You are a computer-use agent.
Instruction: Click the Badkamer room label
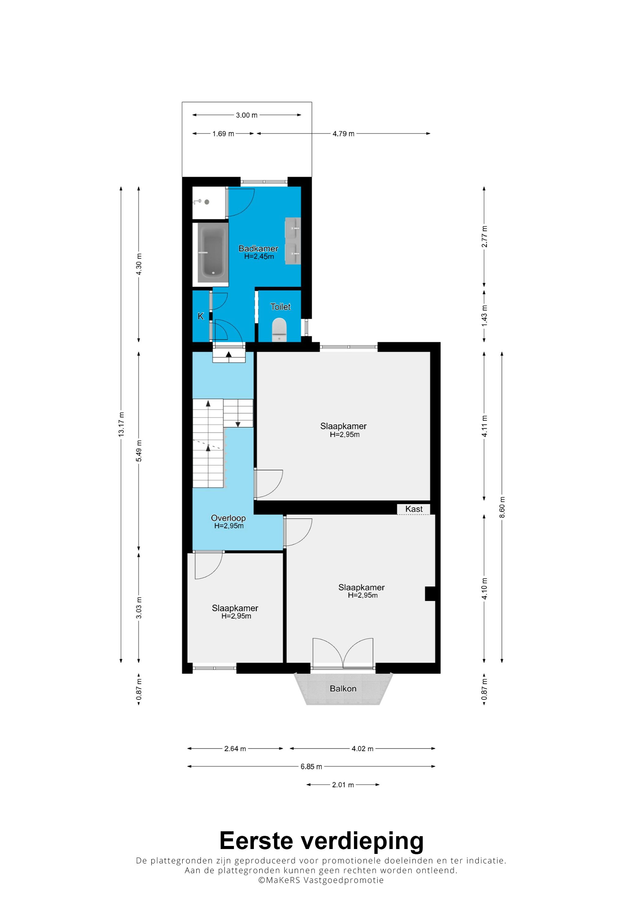point(258,249)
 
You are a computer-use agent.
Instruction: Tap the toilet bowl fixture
point(279,330)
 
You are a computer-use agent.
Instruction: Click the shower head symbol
point(197,202)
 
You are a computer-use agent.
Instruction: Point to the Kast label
point(414,509)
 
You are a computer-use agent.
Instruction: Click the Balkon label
point(343,689)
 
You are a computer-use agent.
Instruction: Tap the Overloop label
point(228,518)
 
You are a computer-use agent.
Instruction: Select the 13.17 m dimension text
point(121,424)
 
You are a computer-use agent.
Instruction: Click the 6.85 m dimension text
point(311,766)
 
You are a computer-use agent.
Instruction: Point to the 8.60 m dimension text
point(502,507)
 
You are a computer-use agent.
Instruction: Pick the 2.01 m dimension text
point(343,785)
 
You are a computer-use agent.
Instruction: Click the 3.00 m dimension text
point(246,115)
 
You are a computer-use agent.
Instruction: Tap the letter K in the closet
point(201,316)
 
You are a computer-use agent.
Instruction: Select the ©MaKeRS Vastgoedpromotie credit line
point(321,880)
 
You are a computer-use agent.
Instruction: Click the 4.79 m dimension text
point(343,134)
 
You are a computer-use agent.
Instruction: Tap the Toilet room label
point(280,307)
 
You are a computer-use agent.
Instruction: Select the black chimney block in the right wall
point(430,594)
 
